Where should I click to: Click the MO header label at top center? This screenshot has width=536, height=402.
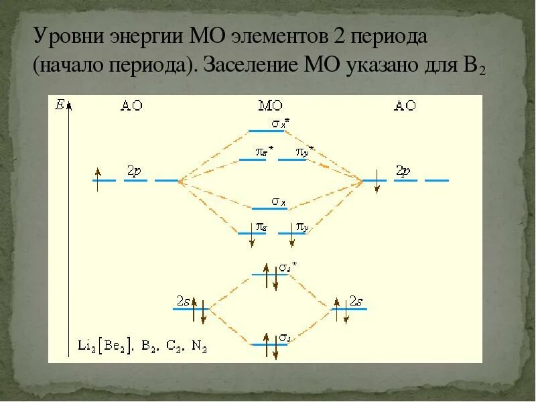pos(270,106)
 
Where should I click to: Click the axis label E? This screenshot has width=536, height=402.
pos(60,105)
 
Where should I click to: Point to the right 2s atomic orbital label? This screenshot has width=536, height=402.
pos(356,302)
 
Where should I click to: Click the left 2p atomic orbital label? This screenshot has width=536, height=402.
pos(134,172)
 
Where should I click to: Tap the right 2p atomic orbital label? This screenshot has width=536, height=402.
pos(403,171)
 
